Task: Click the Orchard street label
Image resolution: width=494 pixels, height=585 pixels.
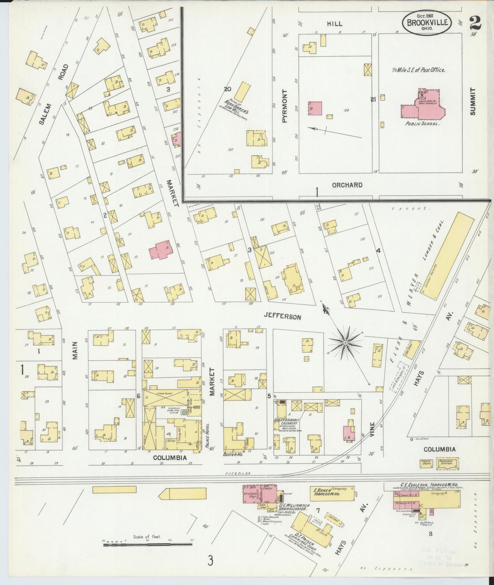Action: (347, 185)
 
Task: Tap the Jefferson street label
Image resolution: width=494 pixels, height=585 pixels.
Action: (282, 317)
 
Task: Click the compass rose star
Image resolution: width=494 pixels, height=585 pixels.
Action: (345, 343)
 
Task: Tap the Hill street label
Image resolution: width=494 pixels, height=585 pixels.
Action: (335, 24)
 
